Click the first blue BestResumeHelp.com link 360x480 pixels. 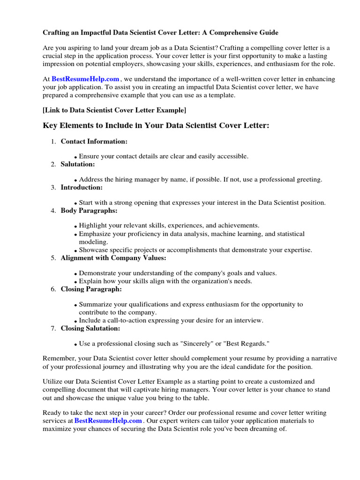tap(85, 79)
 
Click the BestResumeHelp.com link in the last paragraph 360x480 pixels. tap(108, 420)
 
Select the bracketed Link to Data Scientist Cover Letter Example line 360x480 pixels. tap(114, 110)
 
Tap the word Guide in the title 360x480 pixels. tap(269, 33)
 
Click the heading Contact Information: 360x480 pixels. tap(94, 141)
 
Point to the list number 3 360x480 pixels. tap(53, 187)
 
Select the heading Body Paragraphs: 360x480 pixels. tap(89, 210)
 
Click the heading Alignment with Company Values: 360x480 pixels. tap(113, 258)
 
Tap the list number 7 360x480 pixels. tap(53, 328)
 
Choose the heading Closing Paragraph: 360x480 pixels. tap(91, 289)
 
